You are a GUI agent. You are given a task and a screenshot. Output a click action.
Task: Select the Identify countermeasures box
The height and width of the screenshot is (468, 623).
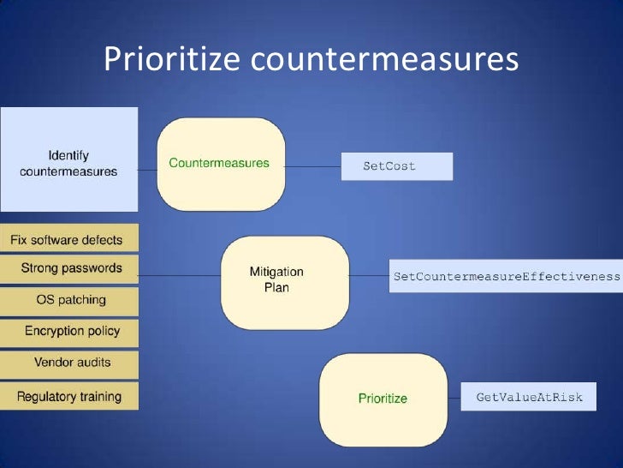click(68, 159)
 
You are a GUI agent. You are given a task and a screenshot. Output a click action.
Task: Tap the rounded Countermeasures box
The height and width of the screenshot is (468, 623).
click(221, 164)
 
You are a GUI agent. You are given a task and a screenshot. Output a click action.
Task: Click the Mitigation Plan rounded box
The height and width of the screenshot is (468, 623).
click(276, 279)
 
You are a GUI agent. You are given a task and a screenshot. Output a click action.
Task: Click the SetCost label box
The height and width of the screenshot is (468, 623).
click(396, 166)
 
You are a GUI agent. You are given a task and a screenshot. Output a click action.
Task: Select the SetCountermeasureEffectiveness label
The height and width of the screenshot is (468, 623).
click(506, 276)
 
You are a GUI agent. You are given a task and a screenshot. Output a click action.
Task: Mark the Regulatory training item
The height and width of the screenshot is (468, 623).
click(68, 397)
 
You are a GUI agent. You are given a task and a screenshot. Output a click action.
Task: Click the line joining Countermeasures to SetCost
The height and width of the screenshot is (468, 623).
click(312, 166)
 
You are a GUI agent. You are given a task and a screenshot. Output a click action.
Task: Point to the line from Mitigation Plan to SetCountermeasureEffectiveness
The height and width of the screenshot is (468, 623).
click(360, 276)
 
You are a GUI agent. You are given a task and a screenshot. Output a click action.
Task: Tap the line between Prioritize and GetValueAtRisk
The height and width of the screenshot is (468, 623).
click(454, 396)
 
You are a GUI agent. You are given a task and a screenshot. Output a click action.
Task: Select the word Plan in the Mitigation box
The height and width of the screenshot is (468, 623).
click(276, 288)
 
